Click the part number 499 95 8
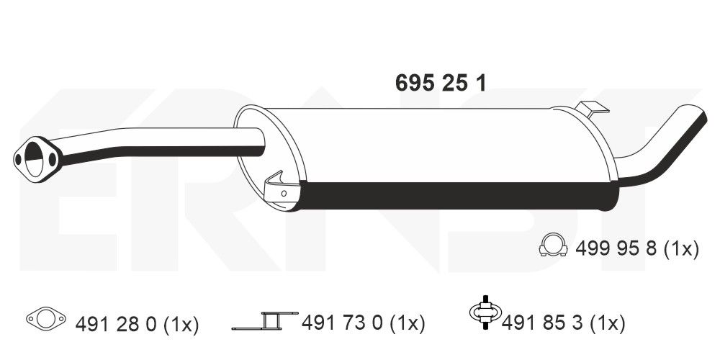pos(616,249)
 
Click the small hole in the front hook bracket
pos(284,193)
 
